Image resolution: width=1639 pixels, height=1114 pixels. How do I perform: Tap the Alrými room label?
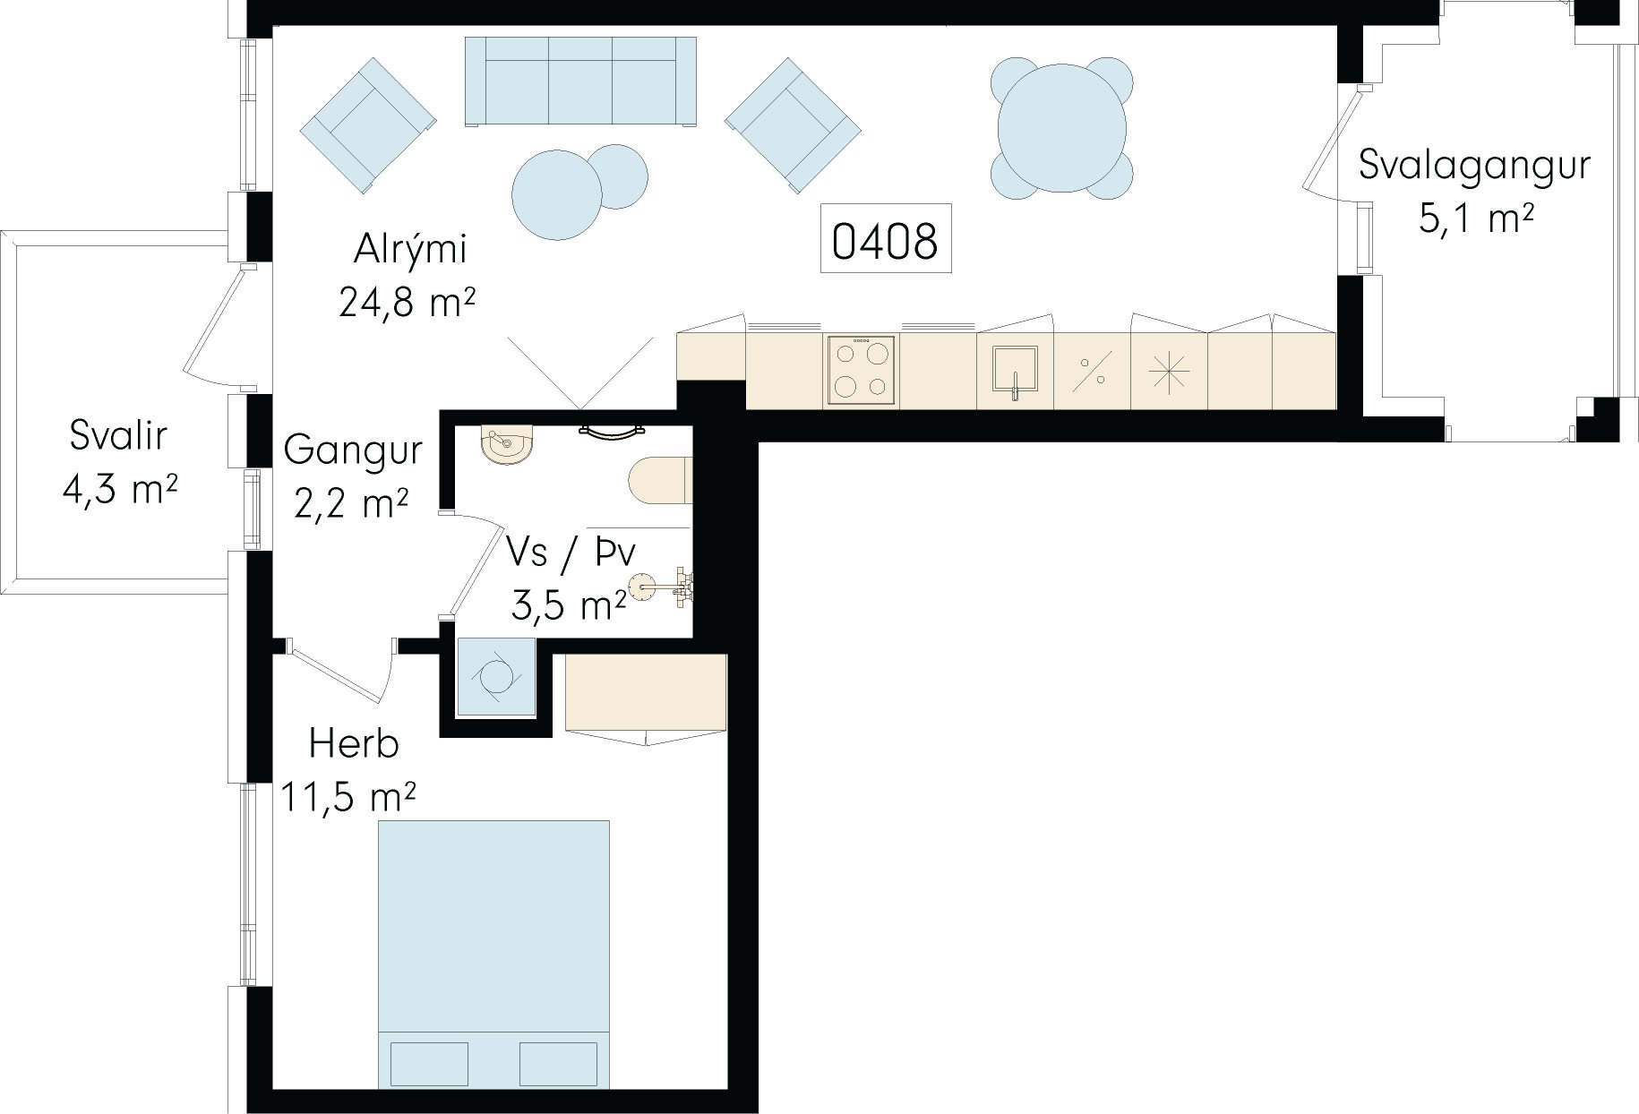click(x=410, y=250)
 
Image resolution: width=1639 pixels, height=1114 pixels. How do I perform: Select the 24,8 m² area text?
click(x=407, y=303)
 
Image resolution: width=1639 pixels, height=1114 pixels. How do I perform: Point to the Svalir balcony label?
click(x=118, y=436)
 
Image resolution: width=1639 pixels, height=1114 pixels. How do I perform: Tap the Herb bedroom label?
click(x=354, y=743)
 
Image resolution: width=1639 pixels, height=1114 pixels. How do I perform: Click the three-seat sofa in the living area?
click(x=580, y=81)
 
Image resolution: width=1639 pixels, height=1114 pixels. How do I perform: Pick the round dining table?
click(x=1062, y=128)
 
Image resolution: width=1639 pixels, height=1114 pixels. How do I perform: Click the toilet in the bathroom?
click(x=660, y=481)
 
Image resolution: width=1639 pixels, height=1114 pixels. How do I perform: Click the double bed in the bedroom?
click(x=493, y=955)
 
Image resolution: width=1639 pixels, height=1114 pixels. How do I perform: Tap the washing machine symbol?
click(x=496, y=677)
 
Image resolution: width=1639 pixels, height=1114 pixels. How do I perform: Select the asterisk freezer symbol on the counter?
click(x=1170, y=372)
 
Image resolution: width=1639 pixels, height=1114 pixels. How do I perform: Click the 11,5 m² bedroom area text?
click(x=349, y=795)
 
